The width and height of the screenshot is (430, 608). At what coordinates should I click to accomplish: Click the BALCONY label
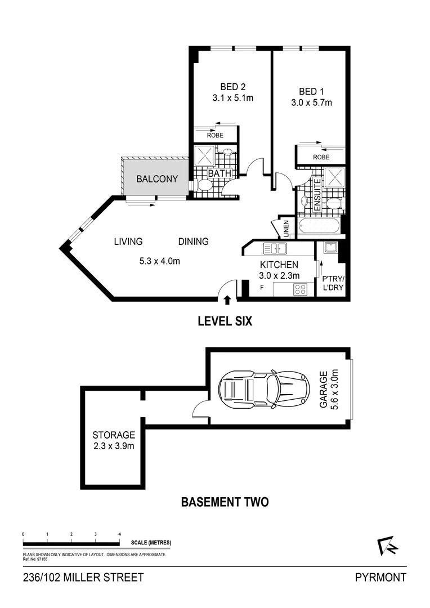(x=157, y=180)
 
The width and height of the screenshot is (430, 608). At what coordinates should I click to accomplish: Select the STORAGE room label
(x=114, y=435)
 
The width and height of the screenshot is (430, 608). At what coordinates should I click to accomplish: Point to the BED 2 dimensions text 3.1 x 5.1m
(x=232, y=98)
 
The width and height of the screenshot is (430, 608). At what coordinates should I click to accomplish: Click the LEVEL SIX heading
(x=225, y=321)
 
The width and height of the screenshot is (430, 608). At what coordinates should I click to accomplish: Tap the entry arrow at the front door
(x=228, y=299)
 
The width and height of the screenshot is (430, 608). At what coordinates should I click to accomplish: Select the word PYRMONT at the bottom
(x=380, y=577)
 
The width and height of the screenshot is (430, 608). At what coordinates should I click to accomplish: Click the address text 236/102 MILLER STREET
(x=83, y=577)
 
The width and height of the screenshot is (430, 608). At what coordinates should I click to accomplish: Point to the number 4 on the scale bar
(x=120, y=534)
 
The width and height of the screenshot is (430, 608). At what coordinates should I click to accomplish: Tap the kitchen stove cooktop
(x=300, y=289)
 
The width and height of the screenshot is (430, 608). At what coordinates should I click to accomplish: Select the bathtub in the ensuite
(x=319, y=227)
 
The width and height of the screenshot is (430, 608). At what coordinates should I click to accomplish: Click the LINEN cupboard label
(x=285, y=228)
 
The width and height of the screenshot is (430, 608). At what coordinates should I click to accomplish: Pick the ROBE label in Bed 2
(x=214, y=135)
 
